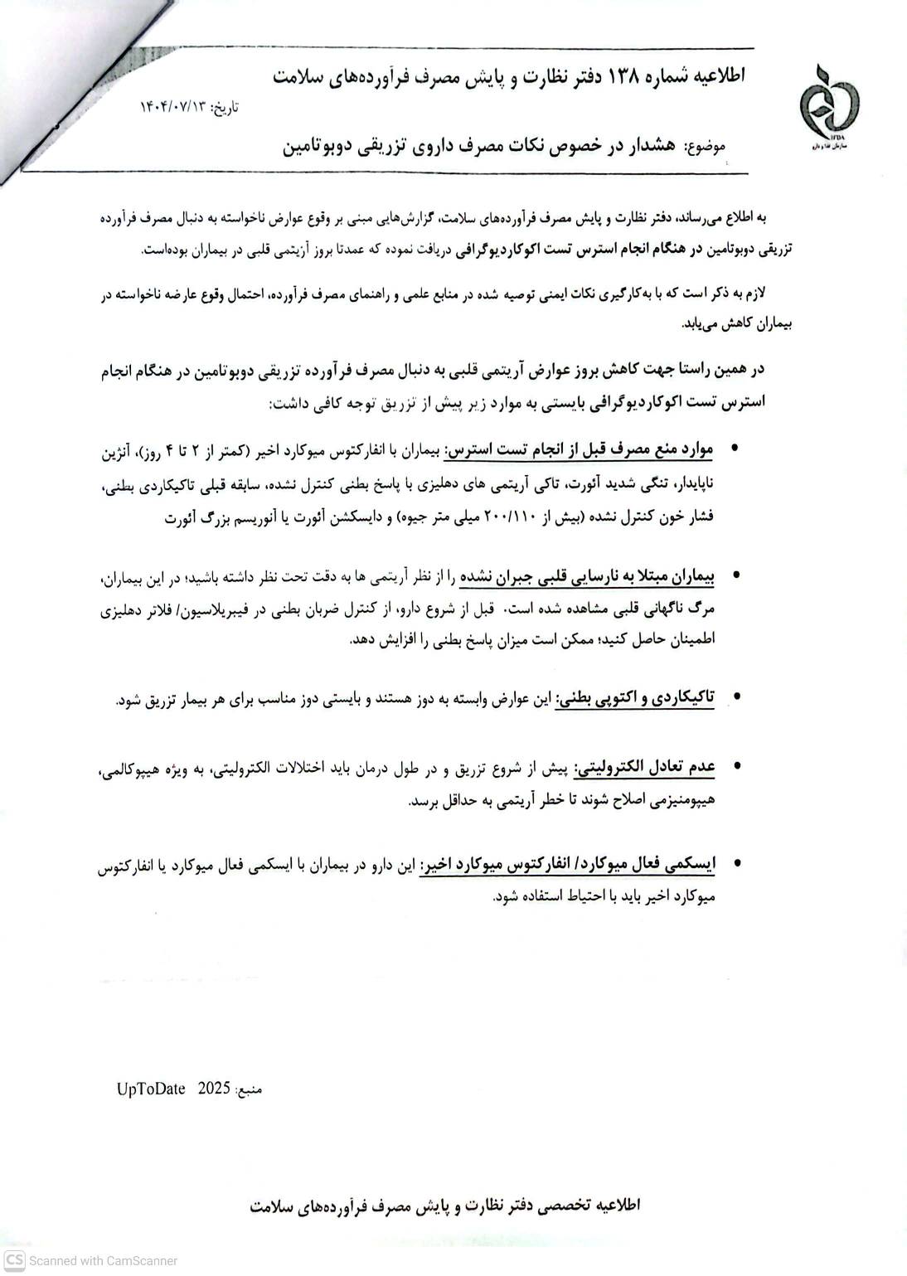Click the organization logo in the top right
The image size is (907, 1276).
coord(829,106)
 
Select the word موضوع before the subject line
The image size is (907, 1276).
coord(706,146)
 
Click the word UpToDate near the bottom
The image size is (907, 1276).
coord(151,1089)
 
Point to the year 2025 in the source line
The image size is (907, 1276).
coord(213,1089)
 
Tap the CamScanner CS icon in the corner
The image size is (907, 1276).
coord(13,1260)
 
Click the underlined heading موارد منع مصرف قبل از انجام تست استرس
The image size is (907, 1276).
coord(580,450)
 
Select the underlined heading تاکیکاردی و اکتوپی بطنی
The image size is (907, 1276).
coord(635,698)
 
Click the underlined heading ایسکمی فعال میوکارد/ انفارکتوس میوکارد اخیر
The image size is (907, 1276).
coord(567,865)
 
